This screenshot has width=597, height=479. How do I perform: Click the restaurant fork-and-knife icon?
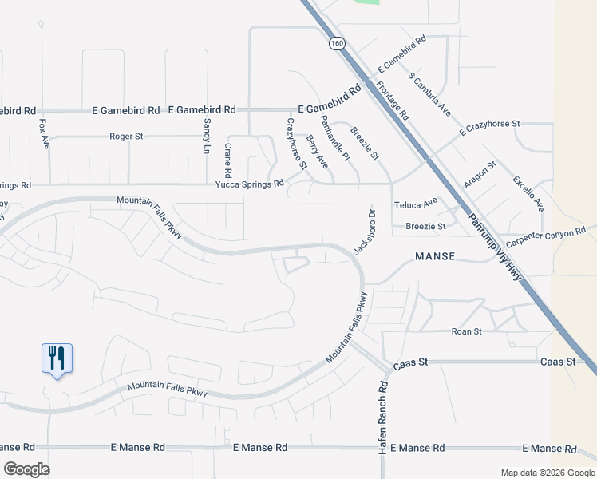coord(57,357)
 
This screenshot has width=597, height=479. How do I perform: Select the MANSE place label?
coord(435,256)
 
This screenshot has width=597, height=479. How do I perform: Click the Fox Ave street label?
coord(45,135)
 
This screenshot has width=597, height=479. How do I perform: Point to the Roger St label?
coord(126,137)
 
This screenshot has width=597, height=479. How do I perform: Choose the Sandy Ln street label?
coord(208,137)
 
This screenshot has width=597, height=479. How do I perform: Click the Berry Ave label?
coord(317,152)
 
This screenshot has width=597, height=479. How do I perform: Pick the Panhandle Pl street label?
coord(335,137)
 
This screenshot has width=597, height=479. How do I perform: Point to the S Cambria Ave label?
coord(430,94)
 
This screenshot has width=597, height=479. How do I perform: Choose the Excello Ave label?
coord(528,193)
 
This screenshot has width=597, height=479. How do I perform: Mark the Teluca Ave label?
coord(416,204)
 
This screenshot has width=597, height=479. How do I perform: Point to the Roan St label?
coord(467,331)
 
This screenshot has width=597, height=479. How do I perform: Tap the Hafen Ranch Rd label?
coord(383,407)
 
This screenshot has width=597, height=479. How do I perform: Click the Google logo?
coord(26,469)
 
